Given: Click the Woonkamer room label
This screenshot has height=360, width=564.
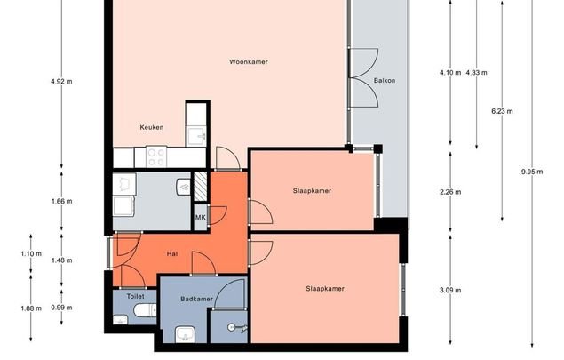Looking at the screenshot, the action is coord(249,62).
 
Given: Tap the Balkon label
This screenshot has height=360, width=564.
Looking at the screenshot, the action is coord(385,81).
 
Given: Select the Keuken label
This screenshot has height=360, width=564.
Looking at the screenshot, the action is coord(152,127).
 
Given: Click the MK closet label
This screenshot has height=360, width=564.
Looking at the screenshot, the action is coord(201,218).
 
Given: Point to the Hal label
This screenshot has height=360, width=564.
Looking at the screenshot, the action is coord(172,254).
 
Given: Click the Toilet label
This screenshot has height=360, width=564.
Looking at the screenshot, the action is coord(135,296).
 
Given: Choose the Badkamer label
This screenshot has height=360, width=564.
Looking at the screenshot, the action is coord(197,299).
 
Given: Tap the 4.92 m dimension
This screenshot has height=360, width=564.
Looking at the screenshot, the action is coord(61,82).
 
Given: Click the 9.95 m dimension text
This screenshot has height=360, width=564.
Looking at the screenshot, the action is coord(532,172).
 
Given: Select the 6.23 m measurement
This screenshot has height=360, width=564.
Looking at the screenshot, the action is coord(502,111).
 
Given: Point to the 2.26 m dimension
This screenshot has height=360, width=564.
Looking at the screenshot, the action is coord(450,192).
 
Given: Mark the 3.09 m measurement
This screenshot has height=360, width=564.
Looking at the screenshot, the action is coord(450,290).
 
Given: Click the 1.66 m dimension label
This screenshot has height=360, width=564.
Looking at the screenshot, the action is coord(61,201).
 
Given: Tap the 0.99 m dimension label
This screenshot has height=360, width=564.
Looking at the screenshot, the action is coord(61,308).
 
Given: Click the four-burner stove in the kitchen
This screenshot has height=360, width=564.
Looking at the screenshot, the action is coord(156,157).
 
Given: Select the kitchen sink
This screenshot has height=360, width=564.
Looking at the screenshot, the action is coord(197,136).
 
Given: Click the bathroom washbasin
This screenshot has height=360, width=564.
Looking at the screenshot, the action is coord(186,334).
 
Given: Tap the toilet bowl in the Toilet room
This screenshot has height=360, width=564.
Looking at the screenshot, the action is coord(145,310).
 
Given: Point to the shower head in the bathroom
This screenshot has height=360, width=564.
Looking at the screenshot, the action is coord(232,327).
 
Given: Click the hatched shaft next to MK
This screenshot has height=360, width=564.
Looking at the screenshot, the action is coord(201,187).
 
